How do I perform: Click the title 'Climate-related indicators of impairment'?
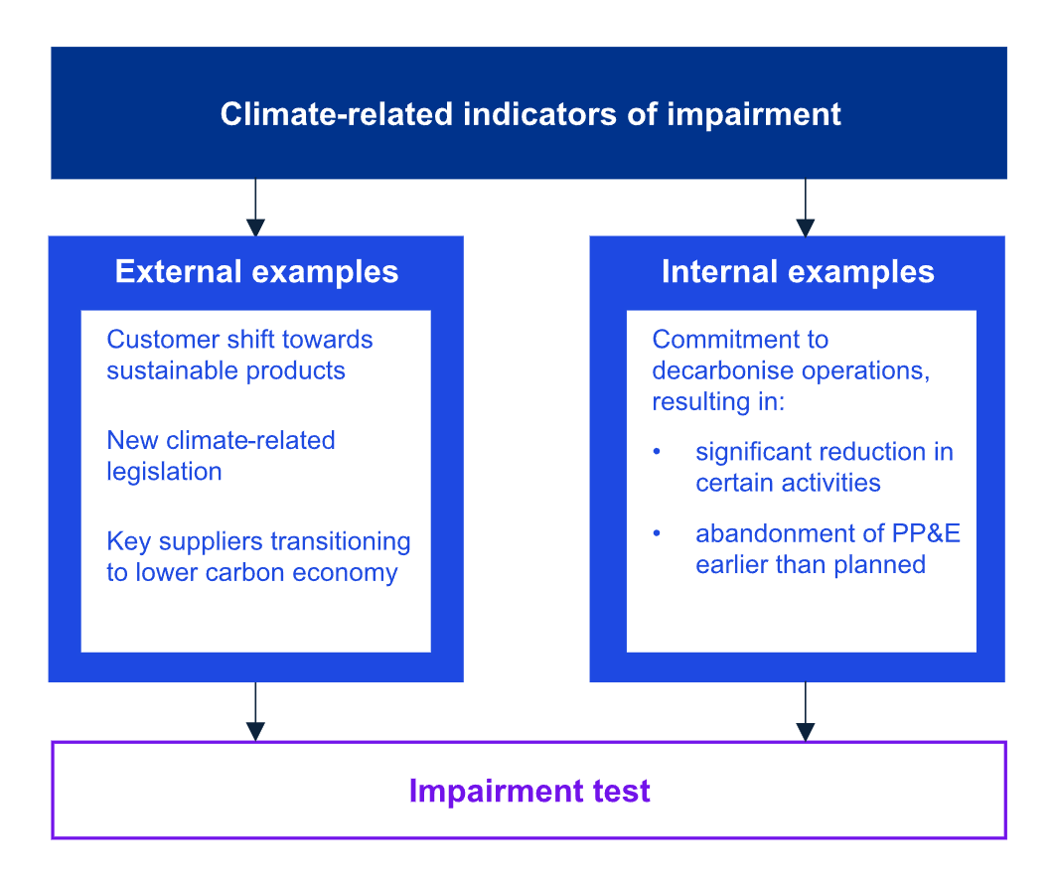tap(530, 114)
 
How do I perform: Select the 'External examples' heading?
tap(256, 272)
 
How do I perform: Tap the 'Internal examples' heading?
tap(798, 272)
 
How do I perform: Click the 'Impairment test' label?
tap(529, 791)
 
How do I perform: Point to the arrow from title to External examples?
tap(255, 208)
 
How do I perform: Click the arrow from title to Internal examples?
tap(806, 208)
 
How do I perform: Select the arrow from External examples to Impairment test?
tap(255, 711)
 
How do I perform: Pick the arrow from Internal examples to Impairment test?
tap(806, 711)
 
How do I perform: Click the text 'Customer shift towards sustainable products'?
tap(239, 355)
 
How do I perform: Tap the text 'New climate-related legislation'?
tap(221, 456)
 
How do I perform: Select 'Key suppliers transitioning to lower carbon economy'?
tap(258, 557)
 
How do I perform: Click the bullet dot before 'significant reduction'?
tap(657, 452)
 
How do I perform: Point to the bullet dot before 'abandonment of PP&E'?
tap(657, 533)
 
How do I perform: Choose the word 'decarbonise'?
tap(722, 370)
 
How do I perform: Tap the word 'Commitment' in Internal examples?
tap(721, 340)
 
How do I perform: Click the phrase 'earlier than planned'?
tap(811, 565)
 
